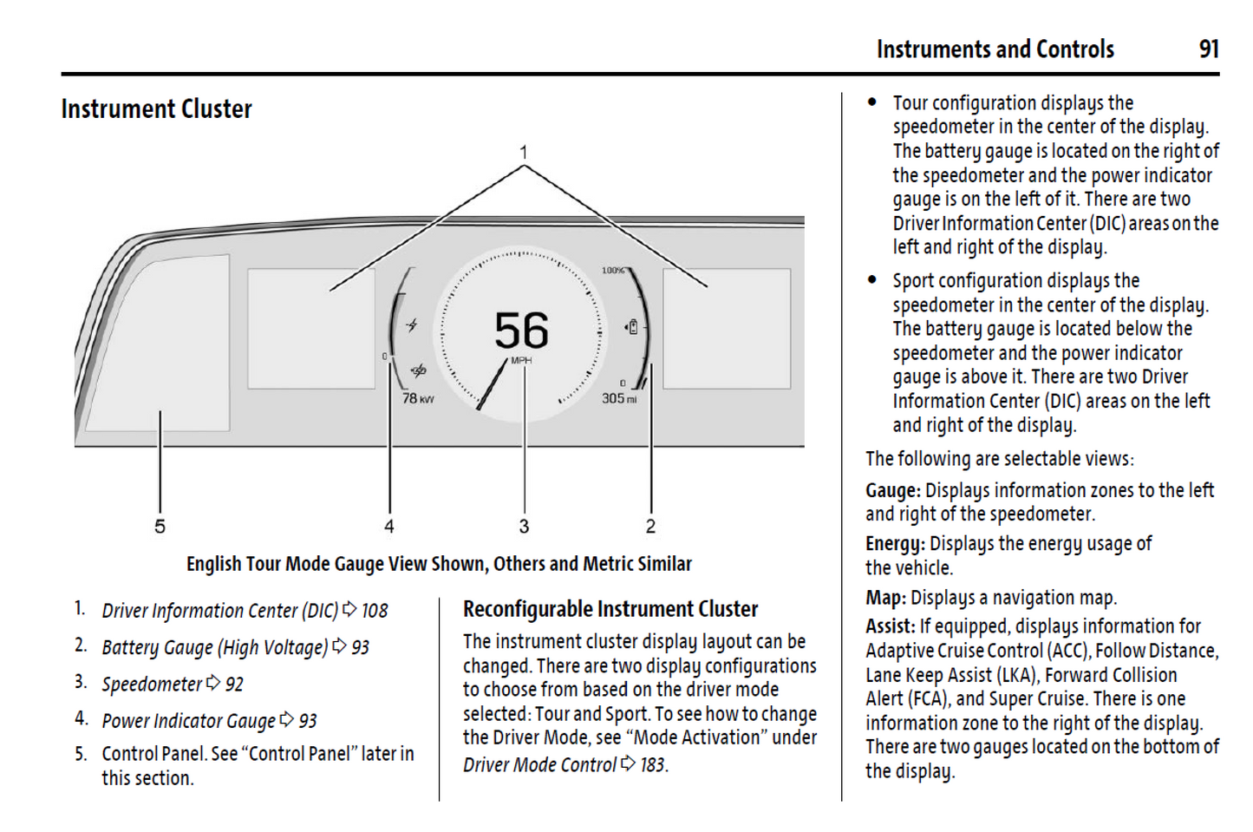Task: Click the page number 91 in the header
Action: click(x=1209, y=49)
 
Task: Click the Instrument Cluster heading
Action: click(x=156, y=109)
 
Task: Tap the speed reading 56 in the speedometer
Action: click(x=521, y=331)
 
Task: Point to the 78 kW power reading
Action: click(x=417, y=398)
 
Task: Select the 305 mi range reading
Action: click(x=619, y=398)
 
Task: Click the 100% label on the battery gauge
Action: click(x=612, y=271)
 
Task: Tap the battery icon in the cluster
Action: click(x=632, y=327)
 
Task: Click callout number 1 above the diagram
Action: click(x=524, y=153)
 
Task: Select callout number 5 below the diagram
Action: click(x=160, y=527)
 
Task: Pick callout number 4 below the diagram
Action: click(x=389, y=527)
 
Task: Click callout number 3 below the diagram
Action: click(x=524, y=527)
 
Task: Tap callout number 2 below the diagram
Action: click(x=650, y=527)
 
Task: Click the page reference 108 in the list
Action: click(x=375, y=611)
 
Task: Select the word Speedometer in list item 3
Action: click(x=153, y=685)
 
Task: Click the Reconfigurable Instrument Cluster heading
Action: click(x=610, y=609)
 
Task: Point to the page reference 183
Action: click(x=653, y=765)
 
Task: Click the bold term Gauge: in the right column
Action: click(x=893, y=491)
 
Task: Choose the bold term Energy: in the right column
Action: click(x=895, y=544)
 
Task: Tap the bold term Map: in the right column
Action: click(x=885, y=598)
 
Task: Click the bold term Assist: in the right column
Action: click(x=890, y=626)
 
